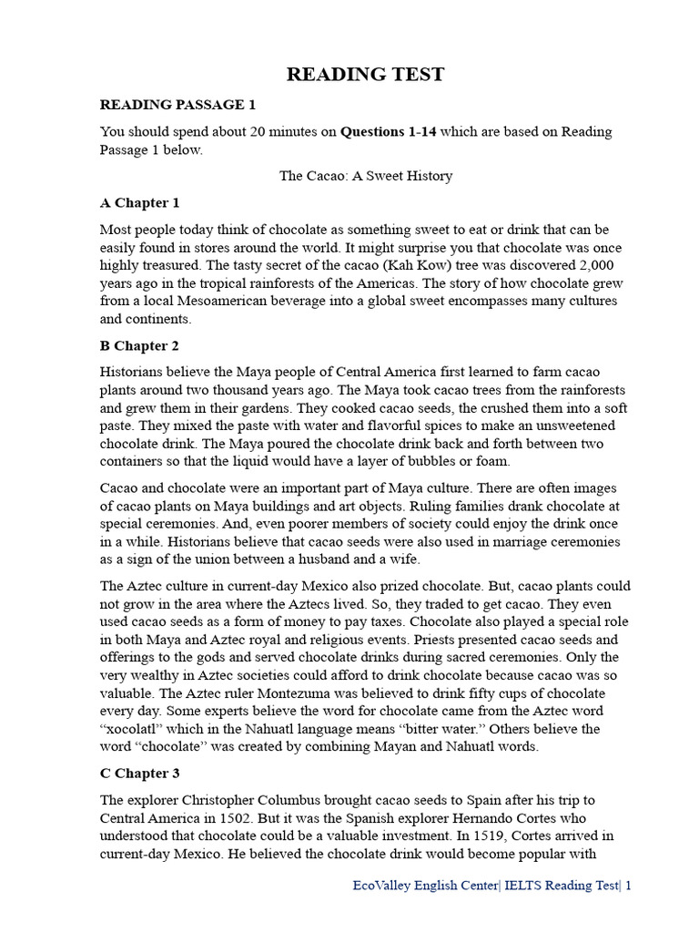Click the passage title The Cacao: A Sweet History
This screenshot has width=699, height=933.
(x=365, y=176)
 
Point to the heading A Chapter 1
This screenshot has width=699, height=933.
(x=139, y=202)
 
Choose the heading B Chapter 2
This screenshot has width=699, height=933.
(x=139, y=346)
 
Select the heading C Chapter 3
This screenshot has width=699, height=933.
(x=139, y=774)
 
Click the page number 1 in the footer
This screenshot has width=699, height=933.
(x=627, y=886)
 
